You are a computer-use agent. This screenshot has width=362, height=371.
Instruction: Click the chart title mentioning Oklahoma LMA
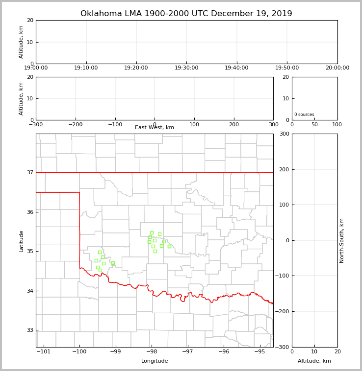186,14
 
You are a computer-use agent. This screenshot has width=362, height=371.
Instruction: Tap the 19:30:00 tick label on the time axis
186,68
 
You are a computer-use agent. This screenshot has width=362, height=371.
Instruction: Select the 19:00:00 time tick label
36,68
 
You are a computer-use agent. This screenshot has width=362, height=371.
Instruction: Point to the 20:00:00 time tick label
337,68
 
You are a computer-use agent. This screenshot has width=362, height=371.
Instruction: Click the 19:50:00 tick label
287,68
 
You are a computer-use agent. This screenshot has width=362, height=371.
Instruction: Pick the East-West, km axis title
155,128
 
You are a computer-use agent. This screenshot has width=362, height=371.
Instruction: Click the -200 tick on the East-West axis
75,124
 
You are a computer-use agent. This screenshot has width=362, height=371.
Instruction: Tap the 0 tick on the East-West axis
155,124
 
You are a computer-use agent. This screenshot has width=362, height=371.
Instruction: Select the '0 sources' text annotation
304,115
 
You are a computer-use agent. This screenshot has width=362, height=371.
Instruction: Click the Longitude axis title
155,361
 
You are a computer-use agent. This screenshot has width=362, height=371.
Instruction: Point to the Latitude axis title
21,241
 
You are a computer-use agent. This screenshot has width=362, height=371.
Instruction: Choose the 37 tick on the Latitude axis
29,172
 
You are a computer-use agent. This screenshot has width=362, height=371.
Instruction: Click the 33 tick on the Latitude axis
29,330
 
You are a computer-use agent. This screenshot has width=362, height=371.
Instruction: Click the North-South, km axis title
342,240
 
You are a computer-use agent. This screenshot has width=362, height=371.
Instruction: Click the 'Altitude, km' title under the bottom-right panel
314,361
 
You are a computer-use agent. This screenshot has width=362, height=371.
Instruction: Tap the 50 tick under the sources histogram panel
314,124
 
